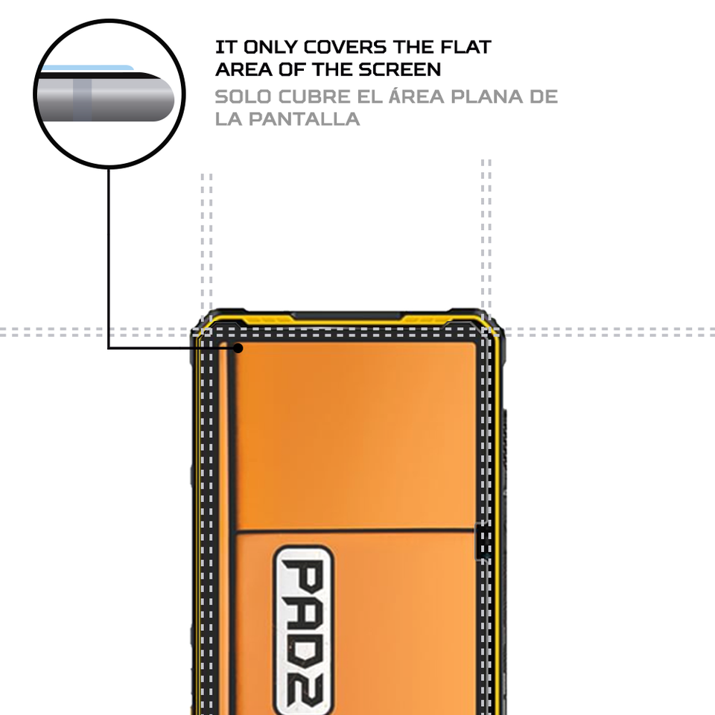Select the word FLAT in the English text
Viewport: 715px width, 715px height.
tap(463, 47)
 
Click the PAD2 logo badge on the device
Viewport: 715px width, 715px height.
tap(303, 630)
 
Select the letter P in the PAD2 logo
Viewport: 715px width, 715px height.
tap(303, 576)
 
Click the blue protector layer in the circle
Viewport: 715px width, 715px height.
tap(86, 68)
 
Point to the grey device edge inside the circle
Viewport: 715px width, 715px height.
tap(108, 97)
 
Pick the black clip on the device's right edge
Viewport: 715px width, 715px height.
tap(483, 539)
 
